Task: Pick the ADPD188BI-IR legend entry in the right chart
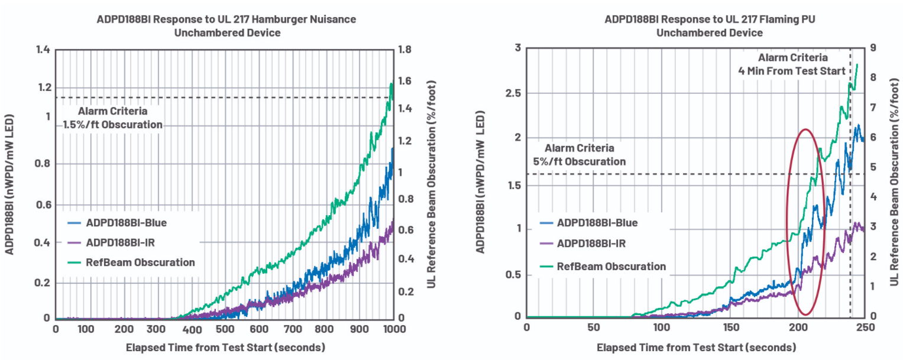[x=591, y=244]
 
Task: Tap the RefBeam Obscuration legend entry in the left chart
[x=140, y=262]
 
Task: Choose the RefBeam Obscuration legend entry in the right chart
[x=611, y=267]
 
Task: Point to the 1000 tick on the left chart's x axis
[x=393, y=329]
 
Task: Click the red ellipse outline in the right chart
[x=787, y=225]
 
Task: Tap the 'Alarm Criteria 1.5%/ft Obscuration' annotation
[x=112, y=118]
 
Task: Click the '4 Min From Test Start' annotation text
[x=793, y=71]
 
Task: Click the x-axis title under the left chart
[x=225, y=347]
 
